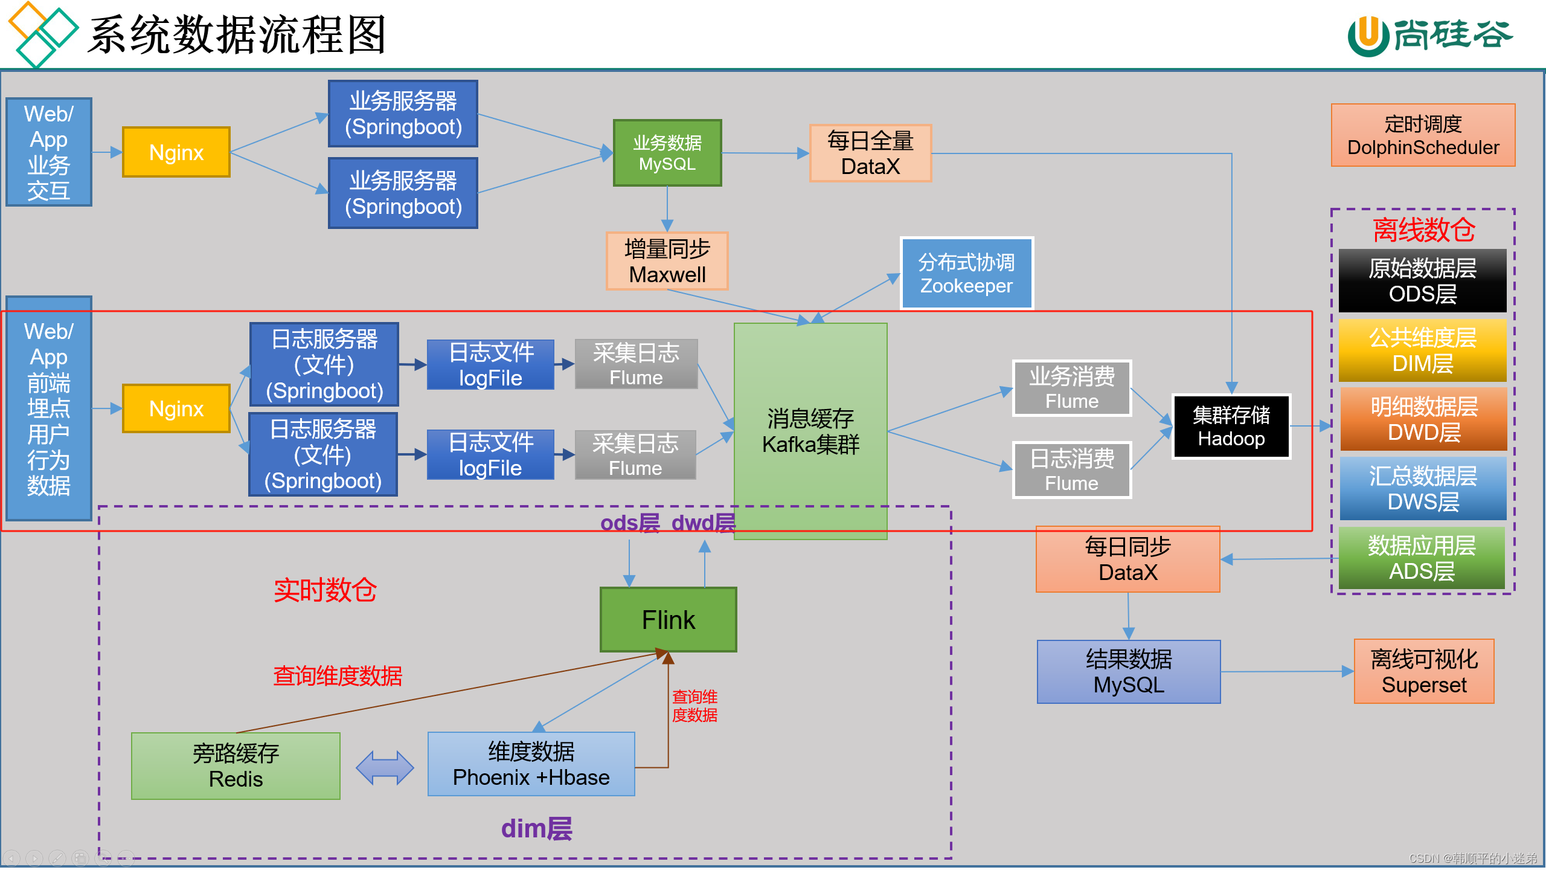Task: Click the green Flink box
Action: pyautogui.click(x=668, y=619)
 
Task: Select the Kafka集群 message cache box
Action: pyautogui.click(x=810, y=430)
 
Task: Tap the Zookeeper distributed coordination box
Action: pyautogui.click(x=966, y=273)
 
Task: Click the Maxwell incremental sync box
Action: pyautogui.click(x=667, y=261)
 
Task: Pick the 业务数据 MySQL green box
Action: pyautogui.click(x=667, y=153)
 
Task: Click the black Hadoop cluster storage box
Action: pyautogui.click(x=1231, y=427)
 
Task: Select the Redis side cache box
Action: pyautogui.click(x=236, y=765)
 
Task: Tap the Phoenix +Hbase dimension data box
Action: pyautogui.click(x=531, y=764)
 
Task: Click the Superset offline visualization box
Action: pyautogui.click(x=1423, y=671)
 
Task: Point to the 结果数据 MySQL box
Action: pyautogui.click(x=1128, y=671)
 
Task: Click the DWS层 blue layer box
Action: pyautogui.click(x=1422, y=488)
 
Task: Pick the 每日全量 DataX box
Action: pyautogui.click(x=870, y=153)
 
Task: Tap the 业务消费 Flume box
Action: pyautogui.click(x=1071, y=388)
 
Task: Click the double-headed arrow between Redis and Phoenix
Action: pyautogui.click(x=385, y=767)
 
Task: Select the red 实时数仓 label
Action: pyautogui.click(x=325, y=590)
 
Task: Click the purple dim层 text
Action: pyautogui.click(x=536, y=828)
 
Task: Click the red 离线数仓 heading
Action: pyautogui.click(x=1423, y=230)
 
